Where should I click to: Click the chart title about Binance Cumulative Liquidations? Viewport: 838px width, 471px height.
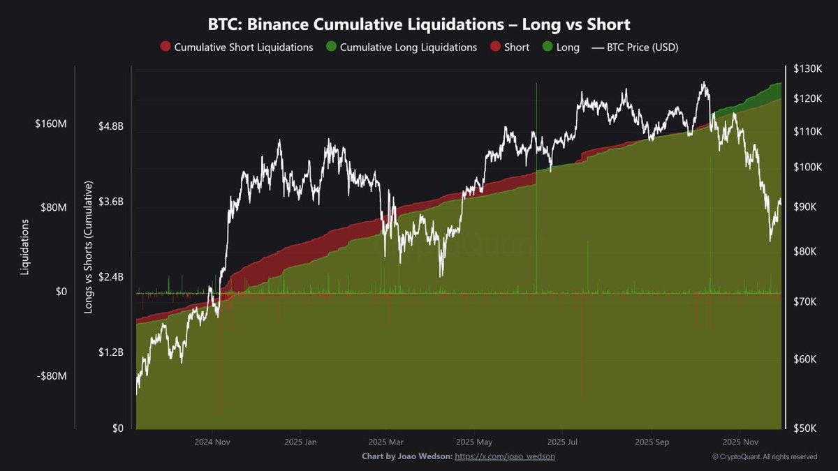point(419,24)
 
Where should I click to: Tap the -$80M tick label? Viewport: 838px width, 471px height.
point(52,376)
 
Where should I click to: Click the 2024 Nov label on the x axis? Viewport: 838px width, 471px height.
point(212,442)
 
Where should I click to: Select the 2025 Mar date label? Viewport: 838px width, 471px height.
point(386,442)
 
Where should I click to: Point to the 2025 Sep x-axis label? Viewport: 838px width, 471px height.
point(652,442)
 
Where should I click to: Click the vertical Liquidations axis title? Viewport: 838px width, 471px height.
point(25,247)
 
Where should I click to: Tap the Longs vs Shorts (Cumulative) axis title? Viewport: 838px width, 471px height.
point(89,247)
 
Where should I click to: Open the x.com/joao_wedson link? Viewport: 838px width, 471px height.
point(505,456)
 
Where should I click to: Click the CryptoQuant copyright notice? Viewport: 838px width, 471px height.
point(765,457)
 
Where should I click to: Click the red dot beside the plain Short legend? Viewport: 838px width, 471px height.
point(495,47)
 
